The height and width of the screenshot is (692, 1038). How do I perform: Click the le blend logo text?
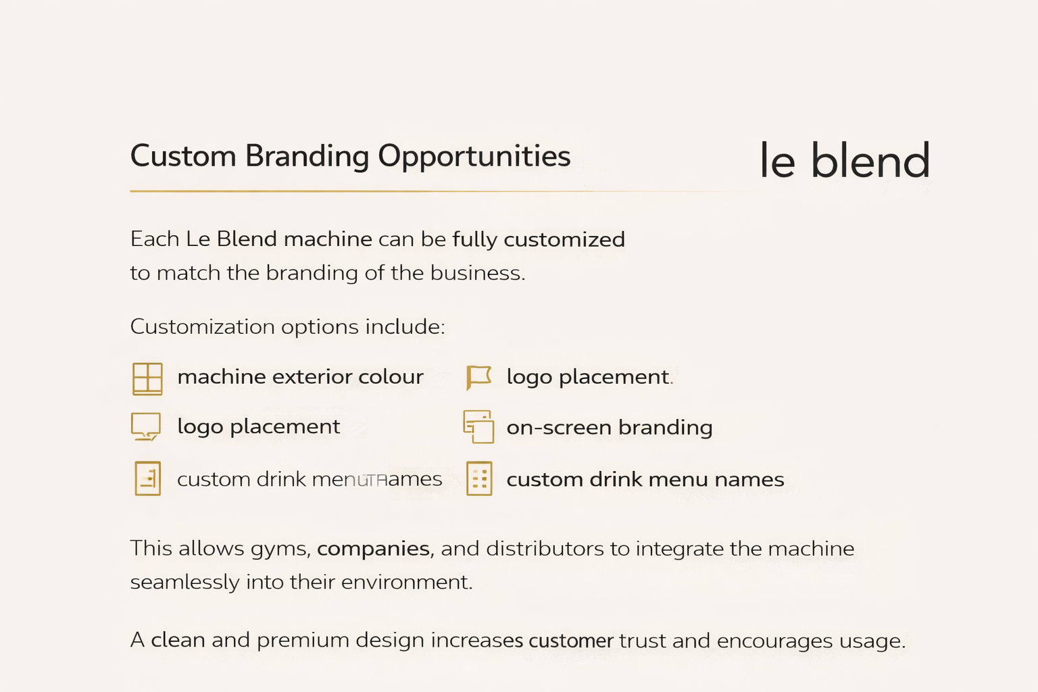click(845, 161)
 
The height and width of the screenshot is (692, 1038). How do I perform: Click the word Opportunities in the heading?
click(474, 157)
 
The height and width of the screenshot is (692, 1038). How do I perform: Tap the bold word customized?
click(564, 240)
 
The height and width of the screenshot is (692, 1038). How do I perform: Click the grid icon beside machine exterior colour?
click(147, 378)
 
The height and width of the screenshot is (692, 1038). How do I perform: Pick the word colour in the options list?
click(391, 376)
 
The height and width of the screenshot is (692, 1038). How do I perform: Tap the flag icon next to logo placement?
click(478, 377)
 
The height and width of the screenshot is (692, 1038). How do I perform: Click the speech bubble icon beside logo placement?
click(146, 426)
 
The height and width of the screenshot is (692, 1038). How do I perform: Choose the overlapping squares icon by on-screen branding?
click(478, 426)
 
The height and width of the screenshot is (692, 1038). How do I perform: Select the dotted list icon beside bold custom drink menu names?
click(479, 479)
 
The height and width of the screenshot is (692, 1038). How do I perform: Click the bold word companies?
click(373, 548)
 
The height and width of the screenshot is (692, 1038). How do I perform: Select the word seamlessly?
click(184, 583)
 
